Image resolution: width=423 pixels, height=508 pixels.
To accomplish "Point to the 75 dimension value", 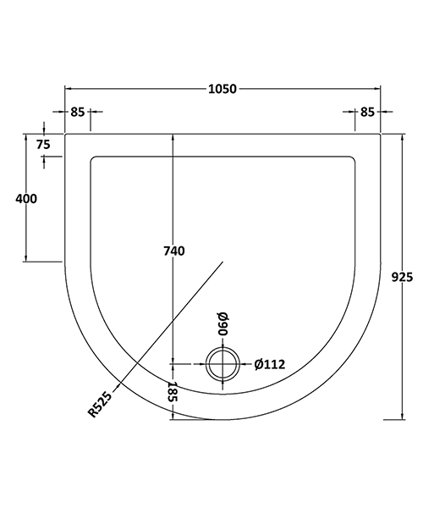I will pyautogui.click(x=44, y=144).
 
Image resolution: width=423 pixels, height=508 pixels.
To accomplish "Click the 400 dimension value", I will pyautogui.click(x=26, y=198).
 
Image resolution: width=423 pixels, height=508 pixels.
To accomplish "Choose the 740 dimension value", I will pyautogui.click(x=173, y=251).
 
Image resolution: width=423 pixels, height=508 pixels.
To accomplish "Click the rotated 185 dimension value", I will pyautogui.click(x=172, y=392).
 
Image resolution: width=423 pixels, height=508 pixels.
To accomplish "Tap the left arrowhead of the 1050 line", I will pyautogui.click(x=69, y=88).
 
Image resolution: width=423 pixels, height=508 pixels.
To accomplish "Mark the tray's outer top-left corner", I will pyautogui.click(x=66, y=133).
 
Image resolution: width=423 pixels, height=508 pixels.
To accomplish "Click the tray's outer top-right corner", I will pyautogui.click(x=381, y=133).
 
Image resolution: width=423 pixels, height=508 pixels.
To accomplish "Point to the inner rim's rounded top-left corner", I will pyautogui.click(x=93, y=158).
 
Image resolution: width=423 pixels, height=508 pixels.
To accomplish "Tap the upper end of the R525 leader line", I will pyautogui.click(x=222, y=262).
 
